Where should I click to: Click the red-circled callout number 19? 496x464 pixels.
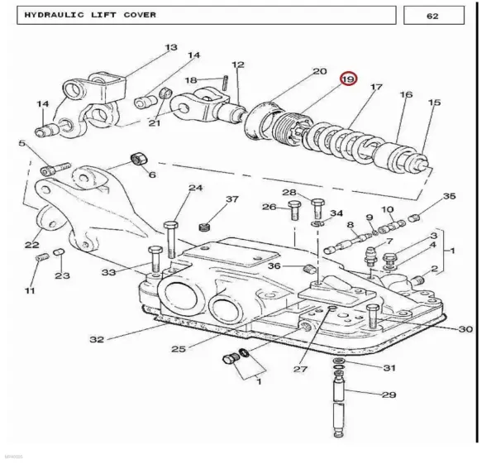point(348,79)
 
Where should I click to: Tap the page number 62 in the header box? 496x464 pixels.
point(432,16)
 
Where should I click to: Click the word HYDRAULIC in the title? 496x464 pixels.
point(55,15)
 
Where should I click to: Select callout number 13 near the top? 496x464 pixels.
point(171,47)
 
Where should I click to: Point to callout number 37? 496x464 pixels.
point(231,199)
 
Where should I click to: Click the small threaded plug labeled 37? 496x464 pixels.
point(205,227)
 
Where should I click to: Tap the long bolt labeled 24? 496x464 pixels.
point(170,239)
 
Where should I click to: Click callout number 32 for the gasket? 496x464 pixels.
point(97,340)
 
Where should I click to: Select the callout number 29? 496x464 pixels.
point(389,395)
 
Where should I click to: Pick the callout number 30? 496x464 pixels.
point(465,329)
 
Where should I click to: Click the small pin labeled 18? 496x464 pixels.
point(226,82)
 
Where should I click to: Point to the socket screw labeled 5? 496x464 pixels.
point(55,169)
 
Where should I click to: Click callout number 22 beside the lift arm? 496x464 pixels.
point(32,245)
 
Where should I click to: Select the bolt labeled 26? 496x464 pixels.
point(294,210)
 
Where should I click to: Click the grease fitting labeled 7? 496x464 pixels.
point(370,256)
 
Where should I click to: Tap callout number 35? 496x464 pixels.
point(449,196)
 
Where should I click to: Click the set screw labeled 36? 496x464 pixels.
point(308,270)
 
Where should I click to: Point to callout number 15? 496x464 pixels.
point(434,103)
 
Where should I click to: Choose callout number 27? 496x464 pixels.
point(300,369)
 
